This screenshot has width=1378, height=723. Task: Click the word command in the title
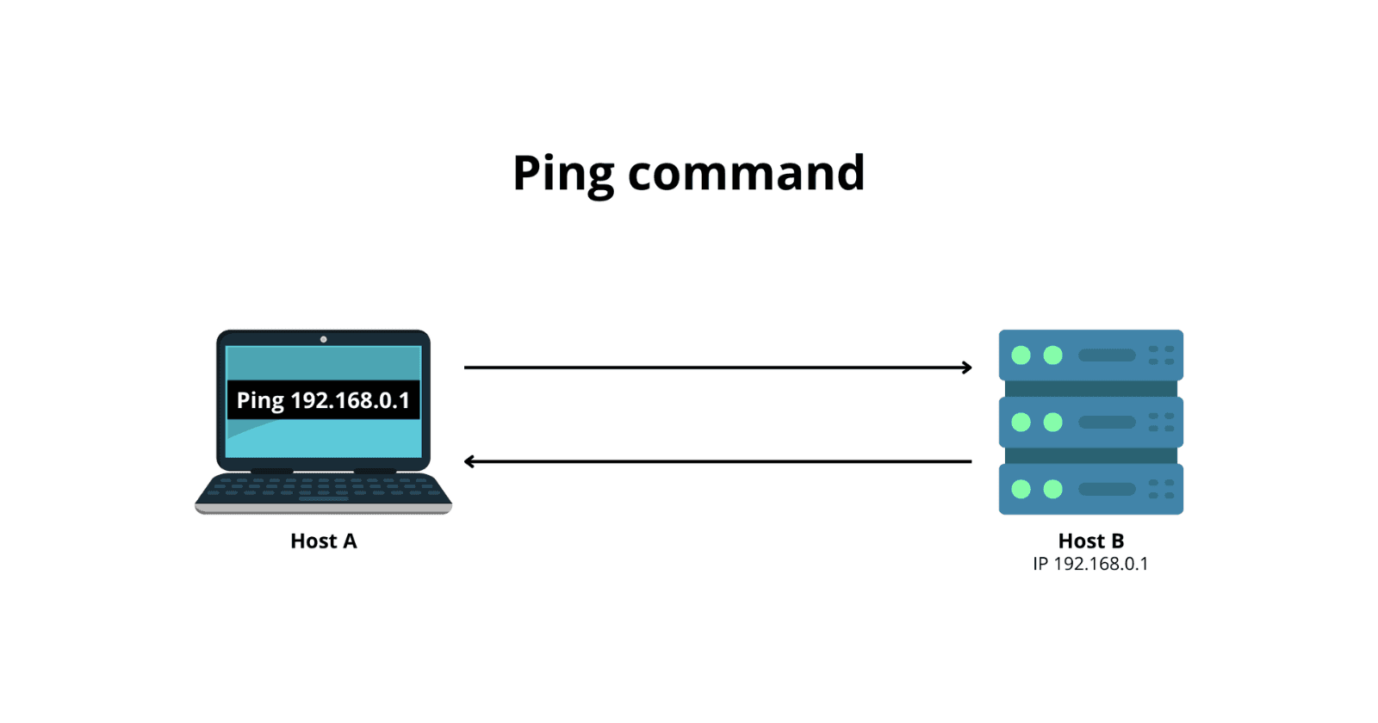tap(746, 174)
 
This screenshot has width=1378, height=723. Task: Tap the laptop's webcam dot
tap(323, 339)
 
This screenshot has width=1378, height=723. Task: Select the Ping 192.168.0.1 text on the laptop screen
tap(323, 400)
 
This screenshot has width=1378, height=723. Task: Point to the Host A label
tap(323, 541)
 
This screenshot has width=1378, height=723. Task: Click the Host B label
tap(1090, 541)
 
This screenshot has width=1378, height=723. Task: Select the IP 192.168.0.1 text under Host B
tap(1090, 565)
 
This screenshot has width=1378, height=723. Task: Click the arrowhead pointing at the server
tap(967, 368)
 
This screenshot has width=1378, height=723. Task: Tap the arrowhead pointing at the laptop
tap(469, 462)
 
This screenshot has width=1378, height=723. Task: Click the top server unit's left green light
tap(1021, 355)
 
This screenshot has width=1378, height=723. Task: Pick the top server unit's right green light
tap(1052, 355)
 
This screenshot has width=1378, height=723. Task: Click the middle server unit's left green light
tap(1021, 422)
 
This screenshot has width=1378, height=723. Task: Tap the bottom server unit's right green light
tap(1052, 489)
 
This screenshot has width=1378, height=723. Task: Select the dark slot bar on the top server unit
tap(1107, 355)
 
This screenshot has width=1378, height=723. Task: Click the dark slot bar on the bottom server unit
tap(1107, 489)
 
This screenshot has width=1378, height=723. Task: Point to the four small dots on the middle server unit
tap(1161, 422)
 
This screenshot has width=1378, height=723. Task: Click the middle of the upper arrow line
tap(717, 368)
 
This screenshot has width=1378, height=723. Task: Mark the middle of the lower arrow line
tap(717, 462)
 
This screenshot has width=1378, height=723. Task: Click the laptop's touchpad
tap(323, 498)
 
